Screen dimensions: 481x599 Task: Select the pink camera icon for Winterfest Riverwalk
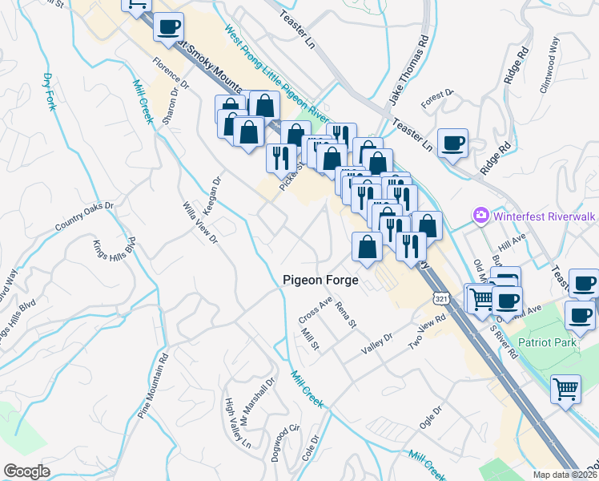[480, 215]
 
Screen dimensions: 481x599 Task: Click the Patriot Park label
[547, 342]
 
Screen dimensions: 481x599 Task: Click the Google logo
[26, 471]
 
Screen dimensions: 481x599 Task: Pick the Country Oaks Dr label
[85, 216]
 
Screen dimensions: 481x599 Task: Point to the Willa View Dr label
[200, 220]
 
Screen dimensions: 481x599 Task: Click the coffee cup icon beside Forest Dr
[454, 143]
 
